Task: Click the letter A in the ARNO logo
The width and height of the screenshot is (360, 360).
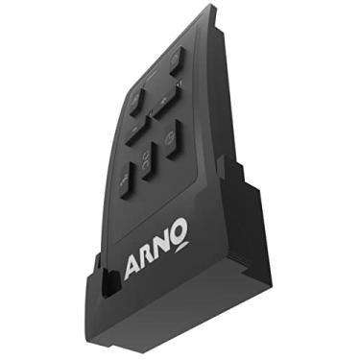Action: point(134,266)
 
